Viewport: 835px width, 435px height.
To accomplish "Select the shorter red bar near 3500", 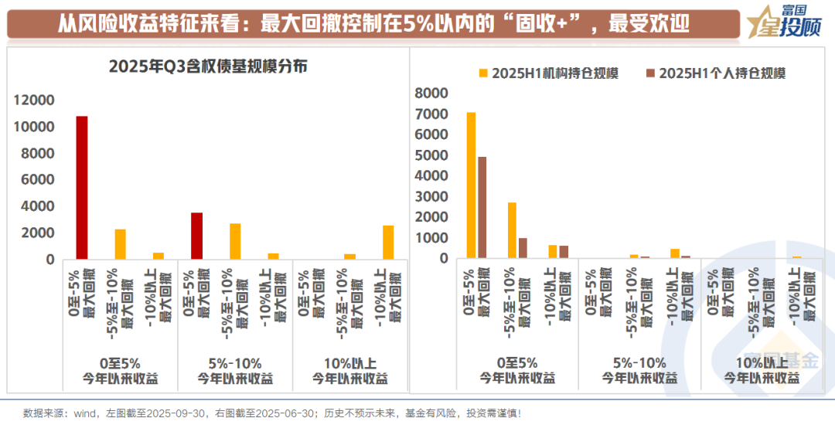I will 196,236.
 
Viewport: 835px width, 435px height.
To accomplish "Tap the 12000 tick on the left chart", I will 35,100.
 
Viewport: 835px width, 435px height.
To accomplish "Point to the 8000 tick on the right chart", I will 431,93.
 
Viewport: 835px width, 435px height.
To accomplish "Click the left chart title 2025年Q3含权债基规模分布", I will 208,66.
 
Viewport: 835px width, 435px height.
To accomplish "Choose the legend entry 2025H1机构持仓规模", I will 549,73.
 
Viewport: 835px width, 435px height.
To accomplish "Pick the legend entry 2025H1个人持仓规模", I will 716,73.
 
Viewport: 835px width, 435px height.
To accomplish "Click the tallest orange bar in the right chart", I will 471,185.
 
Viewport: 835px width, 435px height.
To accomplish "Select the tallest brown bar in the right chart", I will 482,207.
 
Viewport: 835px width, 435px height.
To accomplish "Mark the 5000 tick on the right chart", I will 431,155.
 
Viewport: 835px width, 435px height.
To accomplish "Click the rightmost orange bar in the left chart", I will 388,242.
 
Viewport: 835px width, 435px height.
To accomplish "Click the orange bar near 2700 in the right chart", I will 512,230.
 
